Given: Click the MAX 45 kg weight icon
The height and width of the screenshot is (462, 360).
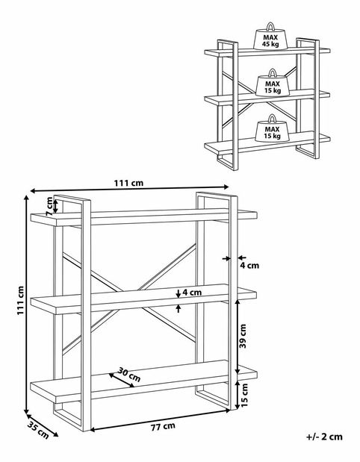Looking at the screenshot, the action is click(270, 37).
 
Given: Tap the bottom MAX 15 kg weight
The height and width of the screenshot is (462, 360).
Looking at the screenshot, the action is click(272, 128).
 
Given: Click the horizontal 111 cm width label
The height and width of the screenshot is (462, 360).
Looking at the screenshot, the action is click(128, 183).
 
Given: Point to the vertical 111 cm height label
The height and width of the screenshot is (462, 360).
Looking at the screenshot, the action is click(20, 301).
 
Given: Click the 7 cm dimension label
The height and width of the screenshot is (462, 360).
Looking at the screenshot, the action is click(49, 206).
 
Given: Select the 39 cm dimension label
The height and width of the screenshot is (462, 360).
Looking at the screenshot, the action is click(243, 336).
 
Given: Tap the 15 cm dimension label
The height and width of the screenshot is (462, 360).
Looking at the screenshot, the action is click(244, 395).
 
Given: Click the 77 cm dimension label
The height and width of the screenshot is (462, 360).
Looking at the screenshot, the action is click(163, 427).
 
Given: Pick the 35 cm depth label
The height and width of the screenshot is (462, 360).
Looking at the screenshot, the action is click(38, 431).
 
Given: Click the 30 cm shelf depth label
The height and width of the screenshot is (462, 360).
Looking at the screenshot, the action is click(129, 374).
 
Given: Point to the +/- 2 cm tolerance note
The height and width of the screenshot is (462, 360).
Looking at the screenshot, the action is click(324, 437).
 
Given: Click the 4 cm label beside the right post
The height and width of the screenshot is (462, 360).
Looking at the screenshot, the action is click(249, 266).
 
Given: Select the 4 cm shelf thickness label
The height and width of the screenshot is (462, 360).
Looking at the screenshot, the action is click(192, 293).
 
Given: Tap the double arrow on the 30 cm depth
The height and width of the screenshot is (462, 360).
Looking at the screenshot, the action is click(122, 380).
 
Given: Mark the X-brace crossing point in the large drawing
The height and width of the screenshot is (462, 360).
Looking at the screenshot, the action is click(130, 296).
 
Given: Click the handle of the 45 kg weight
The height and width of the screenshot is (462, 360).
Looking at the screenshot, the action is click(270, 27).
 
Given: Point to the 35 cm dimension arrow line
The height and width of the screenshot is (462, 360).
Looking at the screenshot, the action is click(42, 425).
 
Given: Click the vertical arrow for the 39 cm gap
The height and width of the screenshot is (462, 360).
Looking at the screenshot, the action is click(238, 337).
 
